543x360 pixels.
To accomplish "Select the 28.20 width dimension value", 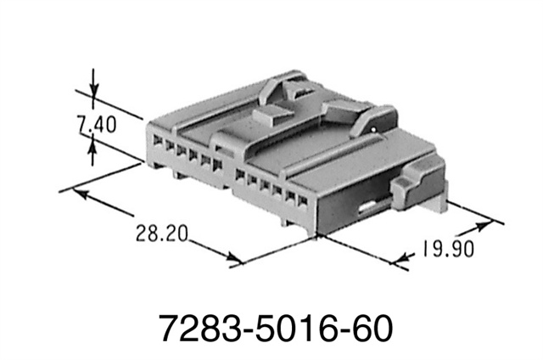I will click(160, 232).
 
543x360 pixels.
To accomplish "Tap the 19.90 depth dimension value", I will click(443, 250).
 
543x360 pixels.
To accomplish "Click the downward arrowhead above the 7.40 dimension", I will click(93, 102).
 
